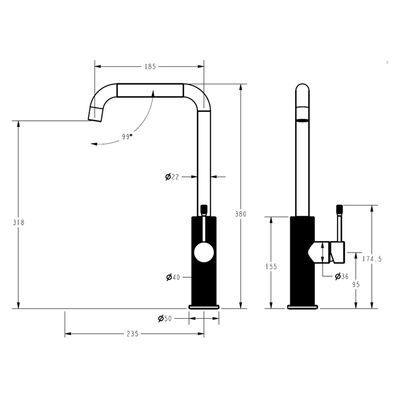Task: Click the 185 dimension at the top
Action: coord(150,66)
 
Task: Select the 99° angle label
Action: coord(127,137)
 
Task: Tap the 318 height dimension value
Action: coord(19,222)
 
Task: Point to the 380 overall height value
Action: coord(240,214)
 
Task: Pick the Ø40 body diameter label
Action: coord(173,277)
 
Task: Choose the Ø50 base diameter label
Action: coord(165,318)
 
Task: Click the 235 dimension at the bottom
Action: coord(132,334)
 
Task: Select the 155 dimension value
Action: coord(271,266)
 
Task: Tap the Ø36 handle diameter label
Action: coord(341,276)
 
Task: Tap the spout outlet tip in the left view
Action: coord(95,115)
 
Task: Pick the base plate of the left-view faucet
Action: coord(204,306)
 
